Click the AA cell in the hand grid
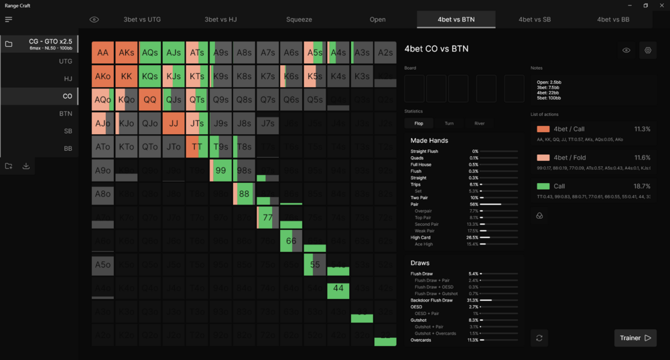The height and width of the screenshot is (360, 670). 103,52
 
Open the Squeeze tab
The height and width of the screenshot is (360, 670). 299,19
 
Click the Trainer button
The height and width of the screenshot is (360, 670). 634,338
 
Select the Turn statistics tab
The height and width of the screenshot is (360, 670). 449,123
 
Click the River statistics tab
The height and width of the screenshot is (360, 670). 479,123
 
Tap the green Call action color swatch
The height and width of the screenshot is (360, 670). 543,186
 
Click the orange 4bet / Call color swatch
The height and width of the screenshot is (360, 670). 543,129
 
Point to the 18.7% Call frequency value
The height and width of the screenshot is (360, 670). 642,186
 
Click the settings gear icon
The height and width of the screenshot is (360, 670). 648,50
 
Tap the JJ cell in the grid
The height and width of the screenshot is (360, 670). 174,123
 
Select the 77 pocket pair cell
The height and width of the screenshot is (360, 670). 267,217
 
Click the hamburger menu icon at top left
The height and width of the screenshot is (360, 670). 9,19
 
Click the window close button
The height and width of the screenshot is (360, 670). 661,5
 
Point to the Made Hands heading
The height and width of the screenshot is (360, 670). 429,141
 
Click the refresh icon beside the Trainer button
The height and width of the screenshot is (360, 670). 539,338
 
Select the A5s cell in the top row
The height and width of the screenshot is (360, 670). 314,52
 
